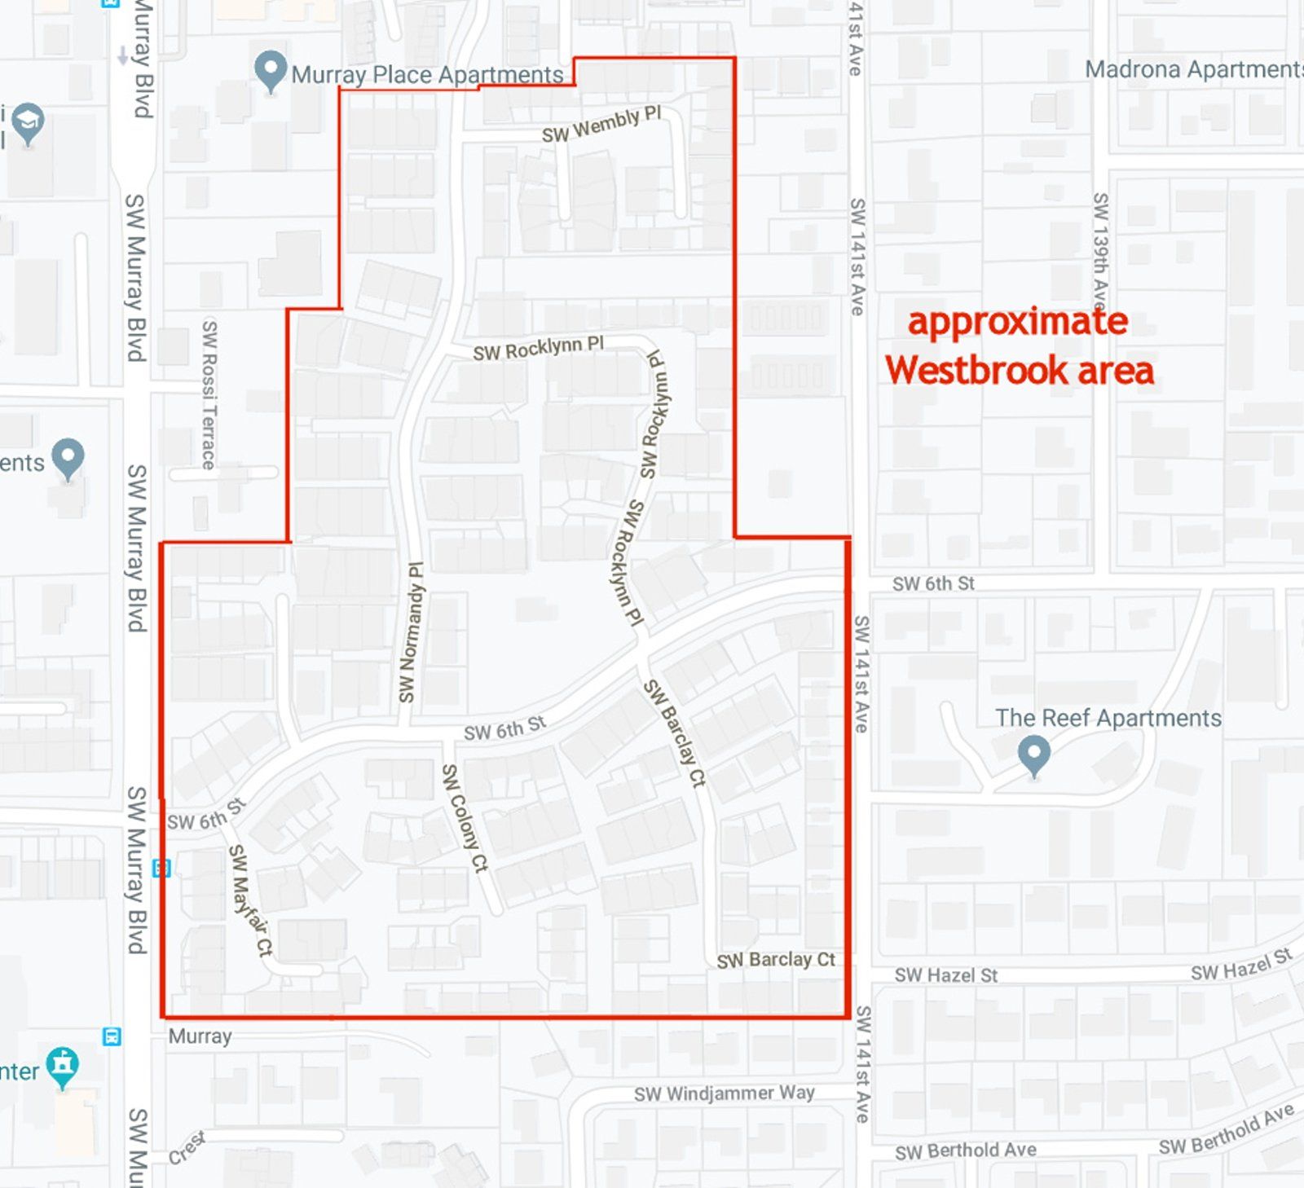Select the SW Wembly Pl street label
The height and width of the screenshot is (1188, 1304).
(601, 125)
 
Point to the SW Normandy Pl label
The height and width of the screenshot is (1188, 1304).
(412, 632)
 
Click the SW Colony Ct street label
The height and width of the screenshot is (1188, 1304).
(465, 817)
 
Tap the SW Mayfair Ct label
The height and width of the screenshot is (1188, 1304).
(250, 900)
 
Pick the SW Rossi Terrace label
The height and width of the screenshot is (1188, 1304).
(209, 394)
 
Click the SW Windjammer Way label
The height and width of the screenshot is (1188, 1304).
(725, 1093)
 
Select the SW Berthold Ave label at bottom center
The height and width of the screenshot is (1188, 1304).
(965, 1151)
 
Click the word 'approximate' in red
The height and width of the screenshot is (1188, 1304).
(1018, 322)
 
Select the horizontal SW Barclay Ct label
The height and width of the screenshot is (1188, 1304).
(776, 960)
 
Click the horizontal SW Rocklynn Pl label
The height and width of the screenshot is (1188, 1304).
(538, 349)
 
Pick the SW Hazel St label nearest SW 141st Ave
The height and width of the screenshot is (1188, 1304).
(945, 975)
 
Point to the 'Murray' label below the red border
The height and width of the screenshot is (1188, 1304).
(200, 1036)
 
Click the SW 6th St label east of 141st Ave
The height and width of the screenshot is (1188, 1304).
(933, 583)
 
